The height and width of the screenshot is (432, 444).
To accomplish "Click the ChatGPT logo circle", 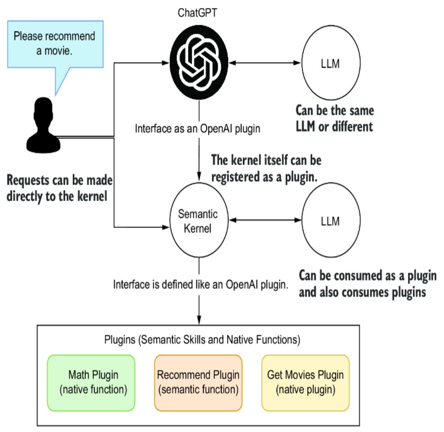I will pos(199,64).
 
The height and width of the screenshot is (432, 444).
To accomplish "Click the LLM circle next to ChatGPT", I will pos(330,64).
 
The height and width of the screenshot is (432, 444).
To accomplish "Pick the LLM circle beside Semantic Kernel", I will pos(330,221).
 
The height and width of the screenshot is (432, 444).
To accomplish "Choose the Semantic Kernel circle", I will pos(198,221).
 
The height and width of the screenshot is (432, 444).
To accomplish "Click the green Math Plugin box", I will pos(91,382).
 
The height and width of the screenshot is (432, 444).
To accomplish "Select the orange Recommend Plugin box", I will pos(198,382).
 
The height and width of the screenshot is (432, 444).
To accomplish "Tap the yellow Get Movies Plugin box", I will pos(305,382).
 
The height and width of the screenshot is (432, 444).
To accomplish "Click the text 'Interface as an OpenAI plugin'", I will pos(198,129).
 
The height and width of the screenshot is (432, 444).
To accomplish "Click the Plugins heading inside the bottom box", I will pos(202,339).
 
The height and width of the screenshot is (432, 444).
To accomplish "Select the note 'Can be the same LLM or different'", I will pos(335,118).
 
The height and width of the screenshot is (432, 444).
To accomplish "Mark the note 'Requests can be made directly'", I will pos(60,188).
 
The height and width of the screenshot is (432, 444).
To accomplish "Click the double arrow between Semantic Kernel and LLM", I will pos(265,220).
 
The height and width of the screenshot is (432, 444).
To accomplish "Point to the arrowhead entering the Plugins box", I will pos(199,321).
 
